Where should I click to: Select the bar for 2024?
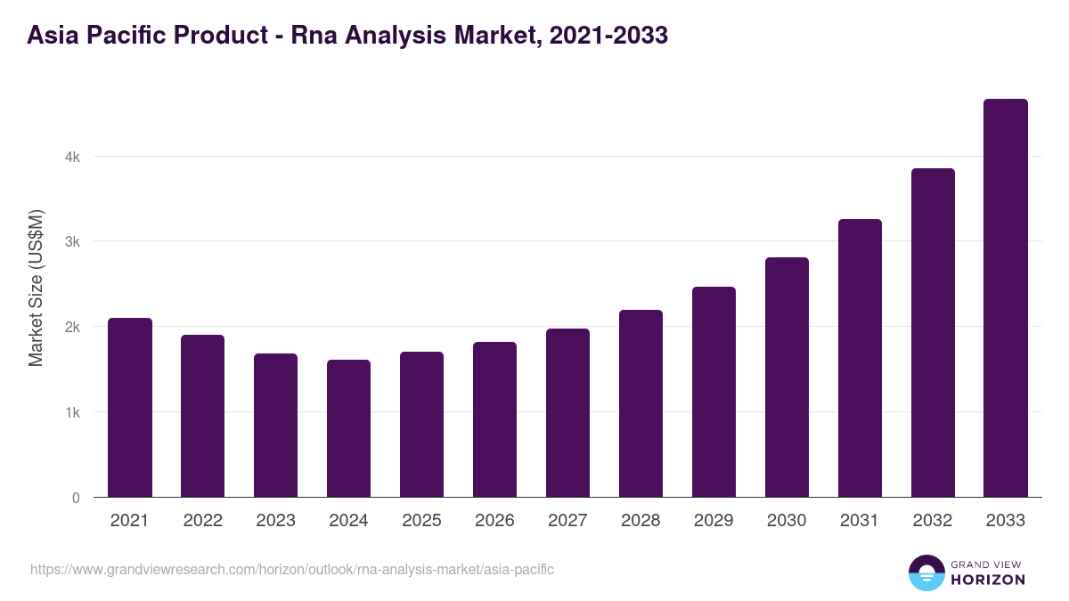click(x=349, y=428)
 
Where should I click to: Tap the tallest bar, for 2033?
click(x=1006, y=298)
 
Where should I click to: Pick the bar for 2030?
click(x=787, y=378)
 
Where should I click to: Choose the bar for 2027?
click(x=567, y=413)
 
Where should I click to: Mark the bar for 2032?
click(x=933, y=333)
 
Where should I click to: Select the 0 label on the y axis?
click(x=76, y=498)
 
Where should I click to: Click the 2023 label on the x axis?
click(x=275, y=521)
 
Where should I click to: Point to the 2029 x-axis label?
click(x=714, y=521)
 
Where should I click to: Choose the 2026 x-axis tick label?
click(x=494, y=521)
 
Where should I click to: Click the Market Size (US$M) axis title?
click(x=36, y=288)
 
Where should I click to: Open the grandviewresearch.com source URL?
click(x=292, y=569)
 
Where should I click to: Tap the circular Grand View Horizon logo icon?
click(x=926, y=573)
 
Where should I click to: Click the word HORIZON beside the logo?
click(x=987, y=580)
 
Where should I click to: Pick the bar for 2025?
click(x=422, y=425)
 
